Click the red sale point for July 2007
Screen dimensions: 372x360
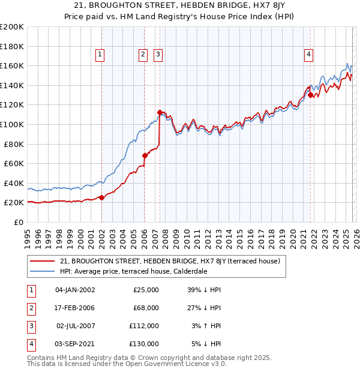point(160,112)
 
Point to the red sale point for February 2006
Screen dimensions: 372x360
point(145,155)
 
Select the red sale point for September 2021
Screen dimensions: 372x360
point(310,95)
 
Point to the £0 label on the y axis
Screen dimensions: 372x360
point(18,222)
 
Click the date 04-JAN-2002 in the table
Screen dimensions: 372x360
point(75,290)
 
